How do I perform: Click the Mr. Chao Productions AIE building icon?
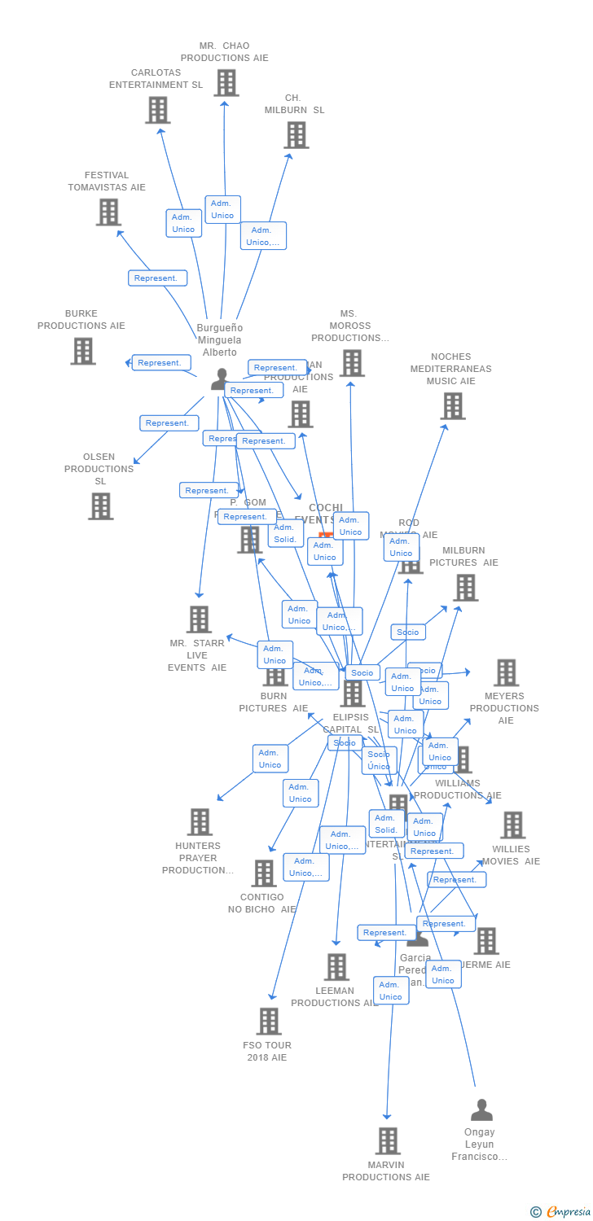coord(226,82)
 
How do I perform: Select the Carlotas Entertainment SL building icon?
coord(157,110)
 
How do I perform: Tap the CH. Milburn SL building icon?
coord(296,135)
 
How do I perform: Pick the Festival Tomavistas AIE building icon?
coord(108,212)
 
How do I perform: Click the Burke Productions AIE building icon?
coord(83,351)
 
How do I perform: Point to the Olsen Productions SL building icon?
coord(101,505)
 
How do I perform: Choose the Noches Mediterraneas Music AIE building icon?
coord(452,405)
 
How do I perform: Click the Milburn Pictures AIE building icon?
coord(465,587)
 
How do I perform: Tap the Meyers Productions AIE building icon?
coord(506,673)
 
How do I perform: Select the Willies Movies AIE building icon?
coord(512,825)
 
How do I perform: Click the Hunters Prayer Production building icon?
coord(200,822)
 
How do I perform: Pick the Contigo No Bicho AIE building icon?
coord(264,873)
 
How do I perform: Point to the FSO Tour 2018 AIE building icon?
coord(269,1021)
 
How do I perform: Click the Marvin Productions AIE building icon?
coord(389,1140)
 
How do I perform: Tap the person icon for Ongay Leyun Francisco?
coord(481,1109)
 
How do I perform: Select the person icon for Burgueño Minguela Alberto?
coord(220,379)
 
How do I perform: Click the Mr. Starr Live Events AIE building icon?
coord(199,619)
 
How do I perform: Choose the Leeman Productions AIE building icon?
coord(336,967)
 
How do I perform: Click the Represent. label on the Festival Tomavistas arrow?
coord(157,278)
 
